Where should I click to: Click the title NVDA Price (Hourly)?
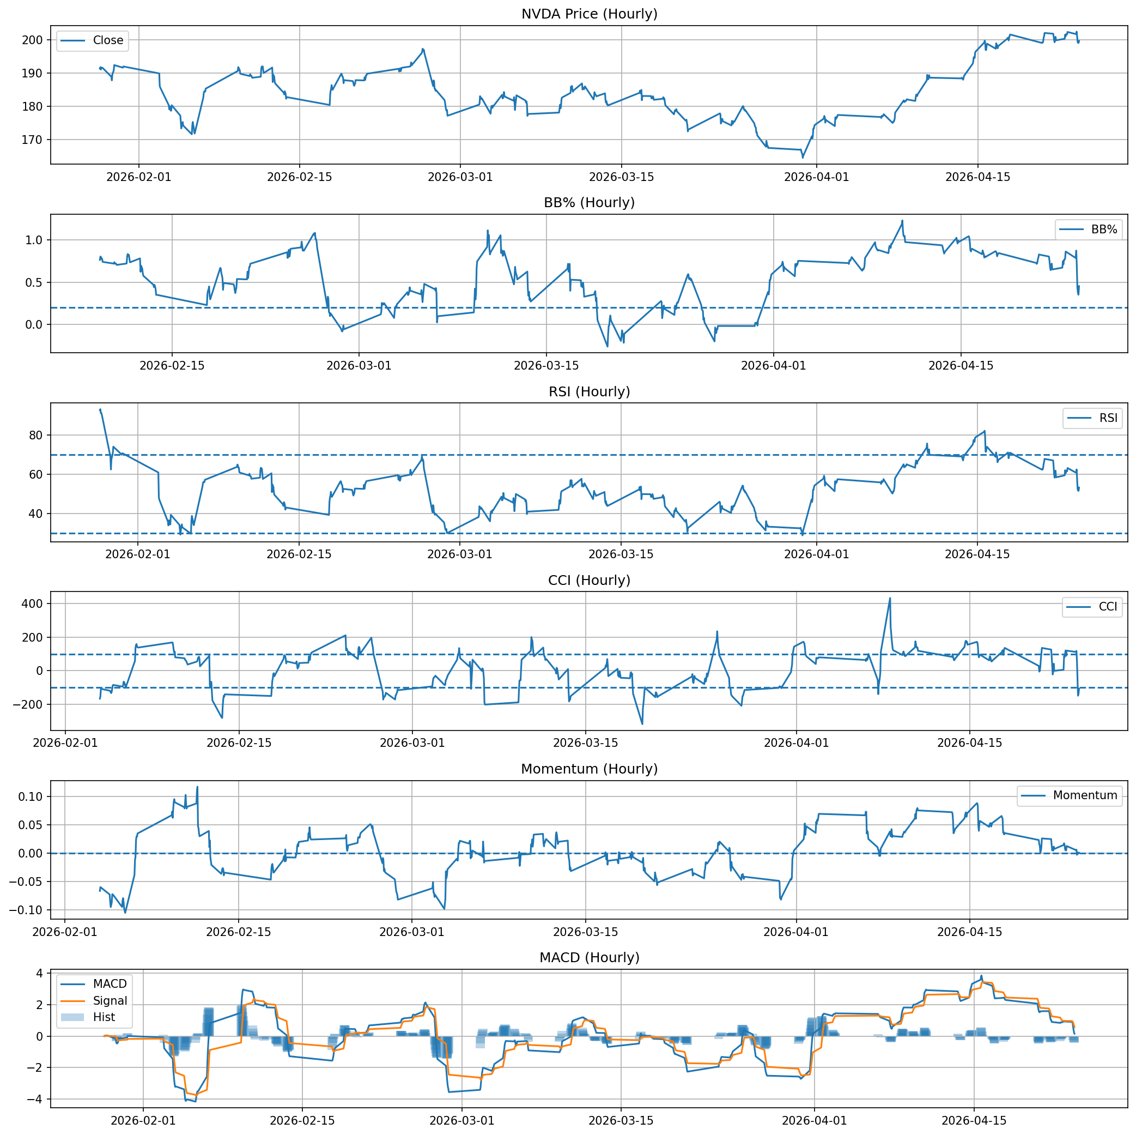coord(589,14)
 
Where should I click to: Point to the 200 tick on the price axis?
coord(33,40)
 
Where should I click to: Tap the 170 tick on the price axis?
coord(33,140)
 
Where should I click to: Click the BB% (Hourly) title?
coord(589,203)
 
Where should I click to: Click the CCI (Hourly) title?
coord(589,581)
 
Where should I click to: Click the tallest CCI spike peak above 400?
coord(890,599)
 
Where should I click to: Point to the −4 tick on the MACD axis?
coord(36,1100)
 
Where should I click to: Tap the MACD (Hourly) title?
coord(589,958)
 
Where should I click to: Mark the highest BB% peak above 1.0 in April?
coord(902,221)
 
